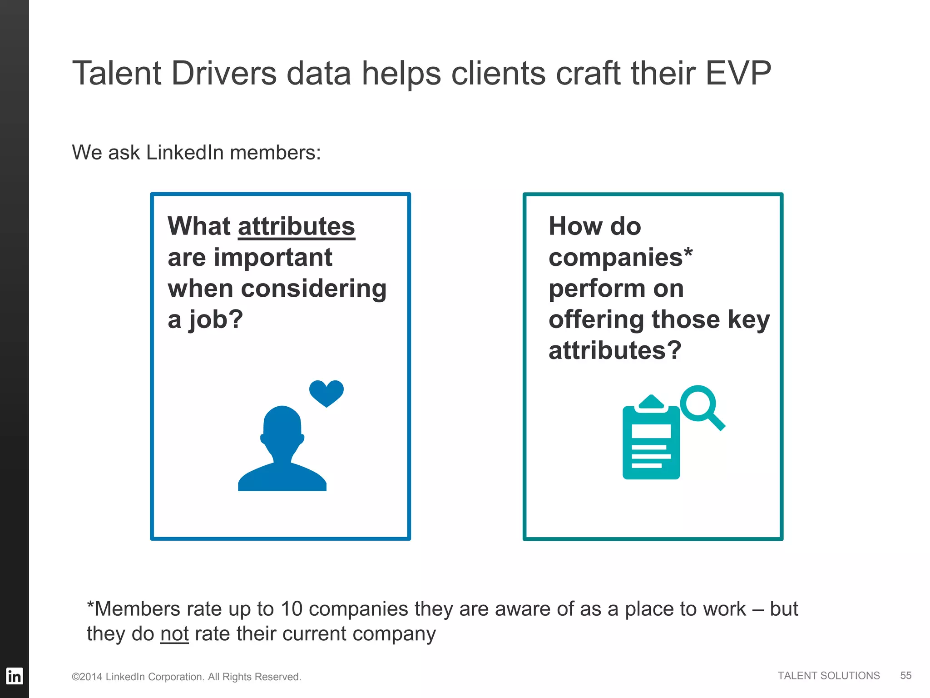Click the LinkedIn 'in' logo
[x=14, y=676]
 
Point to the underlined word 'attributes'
[x=296, y=226]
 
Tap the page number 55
[x=905, y=676]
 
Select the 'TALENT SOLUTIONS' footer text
[x=828, y=676]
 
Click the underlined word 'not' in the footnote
[x=174, y=633]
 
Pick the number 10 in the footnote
[x=292, y=609]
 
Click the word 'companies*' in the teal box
[x=620, y=257]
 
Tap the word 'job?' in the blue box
[x=216, y=319]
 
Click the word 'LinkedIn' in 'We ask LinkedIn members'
[x=185, y=153]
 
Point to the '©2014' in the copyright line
[x=87, y=677]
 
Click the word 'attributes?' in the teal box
[x=615, y=350]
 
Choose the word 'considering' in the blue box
[x=314, y=289]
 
